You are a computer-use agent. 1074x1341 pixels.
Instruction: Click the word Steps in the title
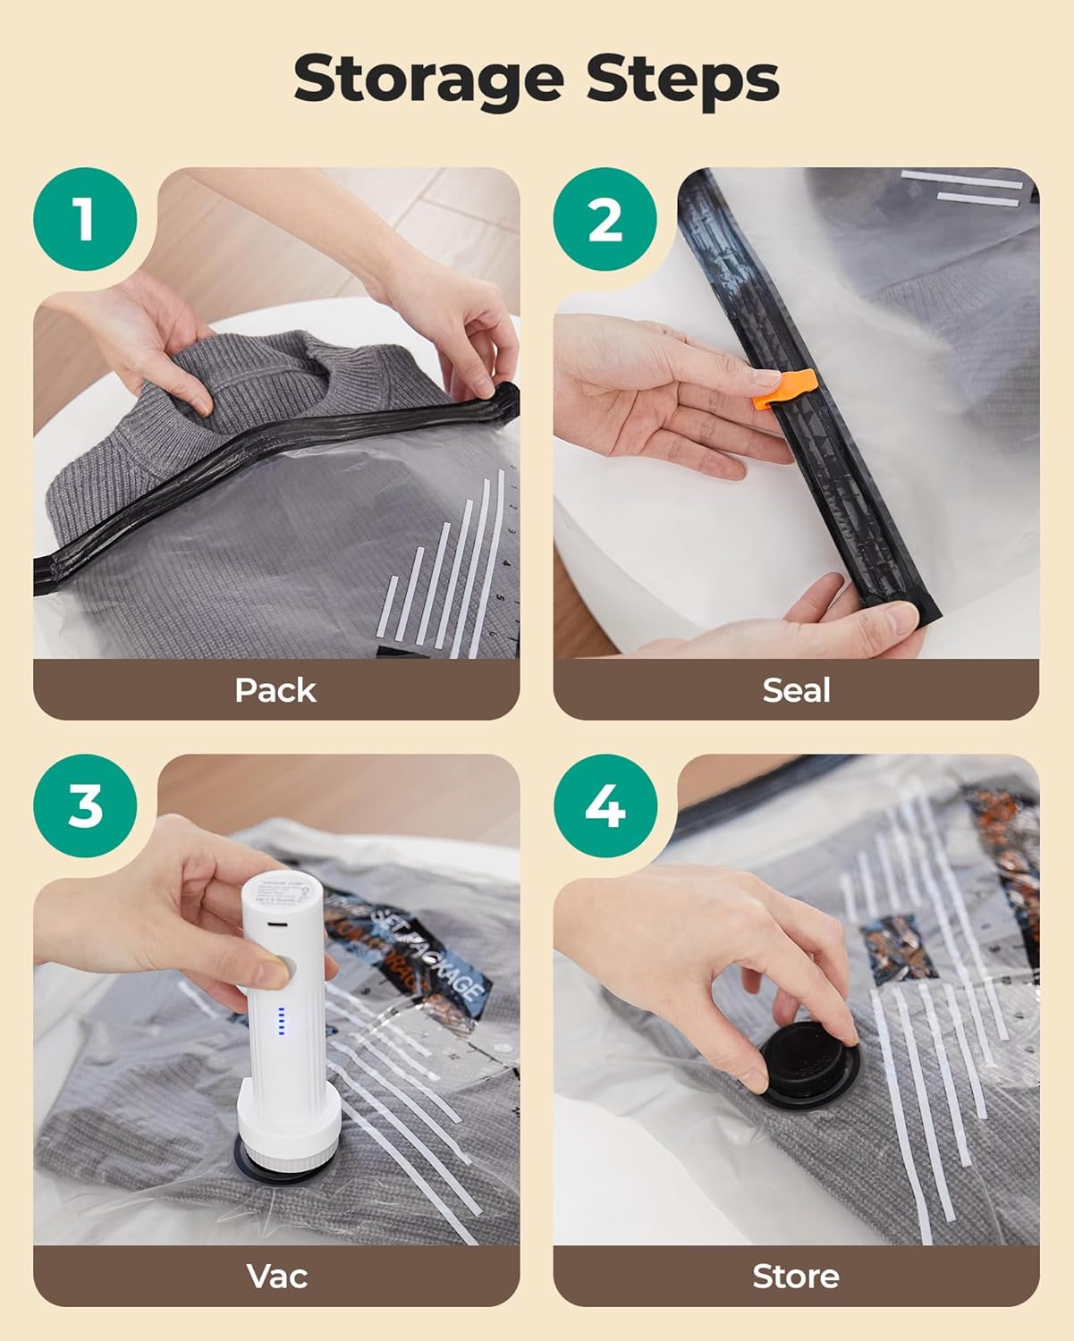pos(682,80)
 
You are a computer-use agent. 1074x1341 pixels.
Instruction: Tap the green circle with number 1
pos(85,219)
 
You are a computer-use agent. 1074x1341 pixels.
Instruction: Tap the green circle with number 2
pos(605,219)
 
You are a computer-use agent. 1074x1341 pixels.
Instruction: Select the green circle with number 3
pos(85,805)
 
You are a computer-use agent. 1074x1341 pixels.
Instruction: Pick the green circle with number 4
pos(605,805)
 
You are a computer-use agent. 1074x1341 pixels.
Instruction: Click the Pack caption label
pos(275,690)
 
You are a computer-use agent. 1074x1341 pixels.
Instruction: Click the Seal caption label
pos(796,690)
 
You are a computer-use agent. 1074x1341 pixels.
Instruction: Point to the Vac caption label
pos(276,1276)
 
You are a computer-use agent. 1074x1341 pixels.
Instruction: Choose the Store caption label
pos(796,1276)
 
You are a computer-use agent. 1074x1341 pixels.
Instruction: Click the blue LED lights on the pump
pos(281,1022)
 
